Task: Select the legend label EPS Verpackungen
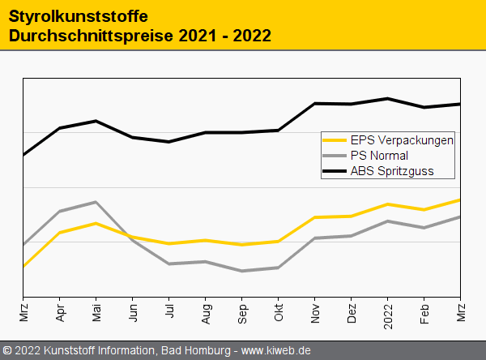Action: pos(402,139)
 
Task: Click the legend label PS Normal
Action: pos(379,155)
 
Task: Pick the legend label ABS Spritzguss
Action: pos(392,170)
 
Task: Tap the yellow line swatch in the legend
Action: pos(335,139)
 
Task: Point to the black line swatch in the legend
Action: pos(335,170)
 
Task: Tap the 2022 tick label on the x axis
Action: pos(388,315)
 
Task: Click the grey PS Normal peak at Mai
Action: pos(96,202)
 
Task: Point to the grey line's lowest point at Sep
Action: pos(242,271)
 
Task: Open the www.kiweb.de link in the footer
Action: pos(276,350)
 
